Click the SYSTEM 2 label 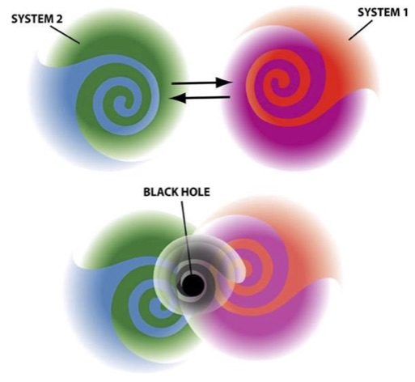point(37,19)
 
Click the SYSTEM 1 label point(383,12)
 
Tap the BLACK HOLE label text point(176,192)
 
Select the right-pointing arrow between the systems point(202,83)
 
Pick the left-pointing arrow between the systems point(200,98)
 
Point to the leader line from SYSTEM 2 point(66,35)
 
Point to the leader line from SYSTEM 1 point(361,30)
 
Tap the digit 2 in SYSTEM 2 point(59,19)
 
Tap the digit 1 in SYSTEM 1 point(404,12)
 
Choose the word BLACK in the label point(159,192)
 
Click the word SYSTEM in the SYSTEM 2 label point(32,19)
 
